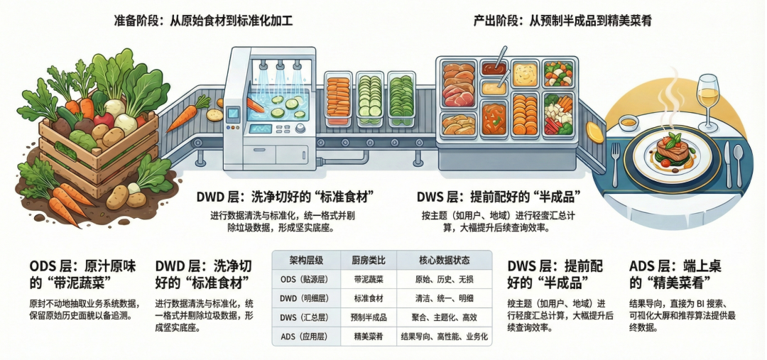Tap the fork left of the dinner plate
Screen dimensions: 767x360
(x=615, y=162)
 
